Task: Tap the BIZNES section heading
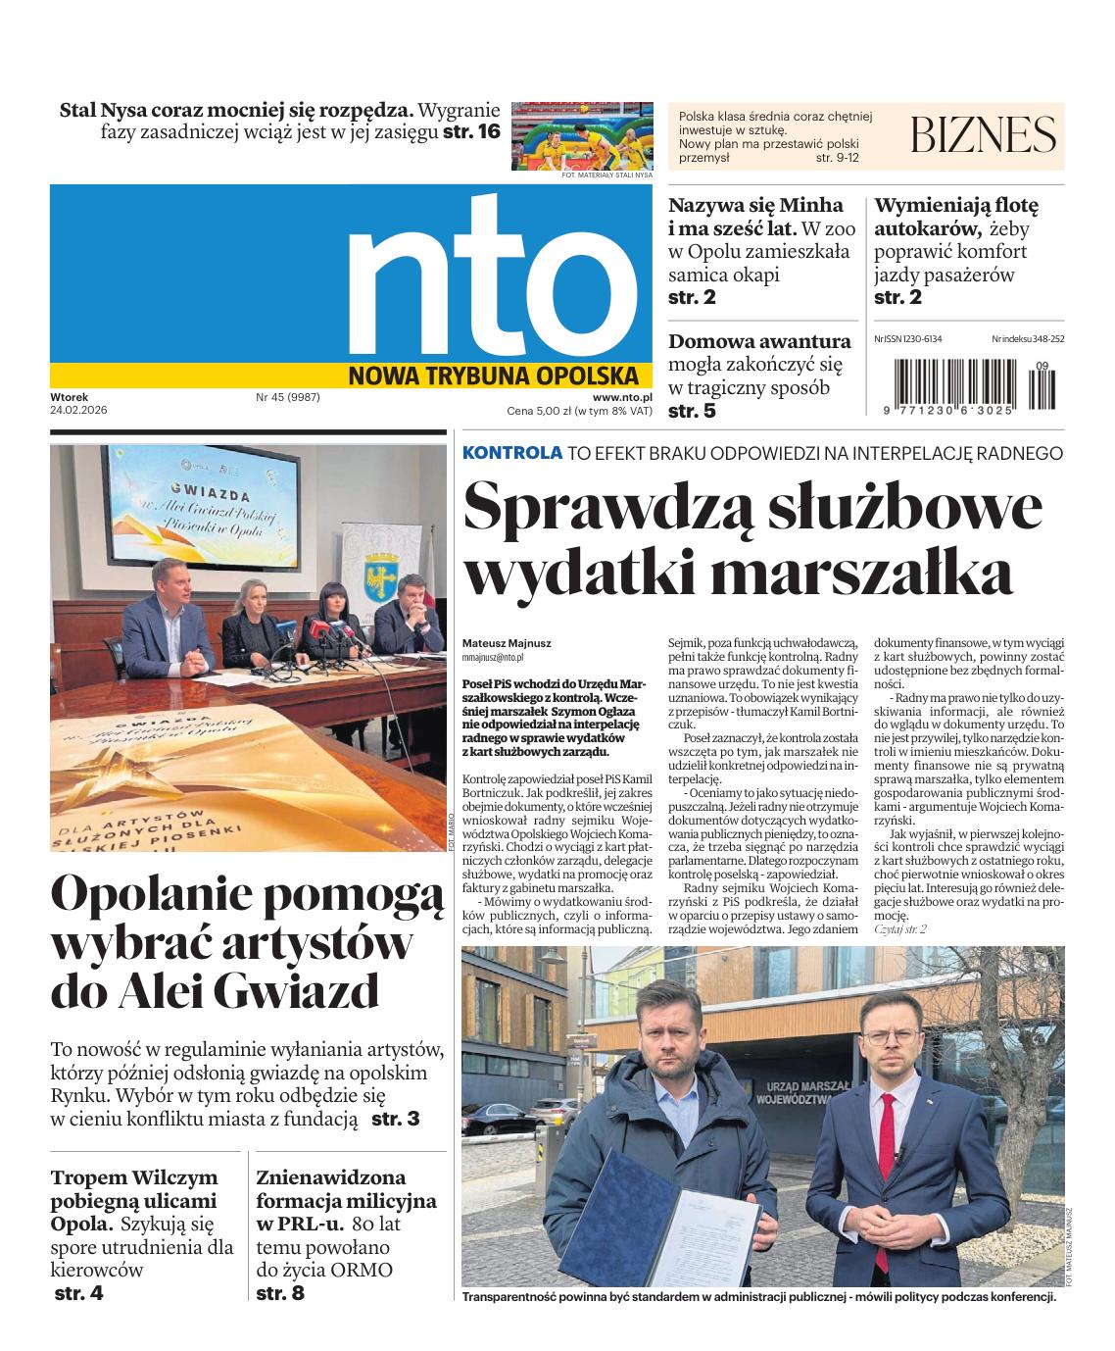coord(984,134)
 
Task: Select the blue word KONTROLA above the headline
coord(512,452)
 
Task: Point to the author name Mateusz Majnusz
coord(507,643)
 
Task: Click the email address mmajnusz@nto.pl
coord(493,658)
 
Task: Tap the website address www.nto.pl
coord(622,396)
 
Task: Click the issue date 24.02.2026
coord(78,410)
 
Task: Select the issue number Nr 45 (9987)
coord(288,396)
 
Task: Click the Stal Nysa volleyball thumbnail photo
coord(582,135)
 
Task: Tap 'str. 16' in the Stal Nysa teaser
coord(471,132)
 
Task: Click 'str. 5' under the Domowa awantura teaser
coord(692,411)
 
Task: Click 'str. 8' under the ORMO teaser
coord(280,1293)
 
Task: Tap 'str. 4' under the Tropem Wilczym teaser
coord(78,1293)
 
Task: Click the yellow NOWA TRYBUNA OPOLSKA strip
coord(500,375)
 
